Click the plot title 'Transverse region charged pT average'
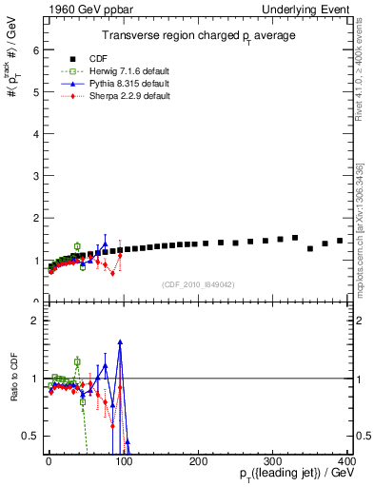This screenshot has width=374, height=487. click(x=198, y=35)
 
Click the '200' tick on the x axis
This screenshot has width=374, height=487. click(x=198, y=461)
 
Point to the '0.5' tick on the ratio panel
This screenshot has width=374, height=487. click(x=30, y=436)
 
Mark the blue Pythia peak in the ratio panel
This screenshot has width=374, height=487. click(x=120, y=341)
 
